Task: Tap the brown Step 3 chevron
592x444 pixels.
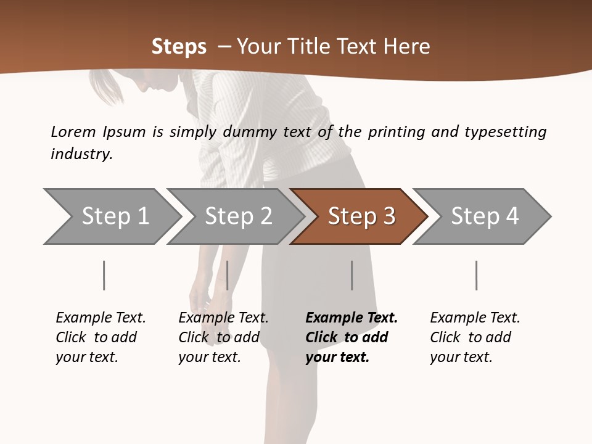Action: pos(361,216)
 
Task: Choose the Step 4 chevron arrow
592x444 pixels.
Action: pos(484,216)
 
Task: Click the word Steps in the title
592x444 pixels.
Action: pos(179,47)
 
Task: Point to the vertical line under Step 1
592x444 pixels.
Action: pos(104,275)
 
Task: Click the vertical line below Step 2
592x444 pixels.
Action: pos(227,275)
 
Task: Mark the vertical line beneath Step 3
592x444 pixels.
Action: pos(351,275)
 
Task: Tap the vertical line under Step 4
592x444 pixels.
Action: pos(476,275)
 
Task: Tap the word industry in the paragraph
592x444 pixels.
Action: pos(81,154)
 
